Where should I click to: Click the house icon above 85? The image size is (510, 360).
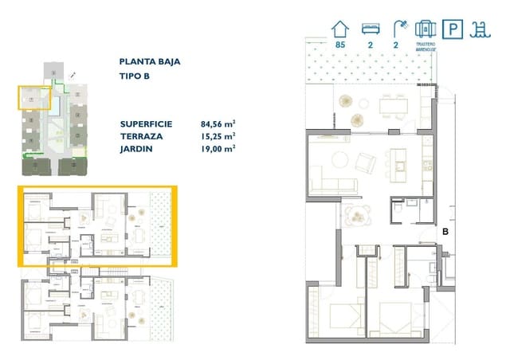point(340,28)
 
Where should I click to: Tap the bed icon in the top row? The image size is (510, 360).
point(369,28)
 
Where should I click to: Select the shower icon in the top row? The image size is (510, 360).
point(396,28)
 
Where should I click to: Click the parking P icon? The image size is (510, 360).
point(452,29)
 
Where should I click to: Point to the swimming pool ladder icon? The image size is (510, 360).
point(480,29)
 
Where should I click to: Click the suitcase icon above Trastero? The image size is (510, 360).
point(424,29)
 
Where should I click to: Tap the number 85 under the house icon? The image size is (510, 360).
point(340,45)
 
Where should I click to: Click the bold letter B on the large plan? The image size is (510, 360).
point(446,231)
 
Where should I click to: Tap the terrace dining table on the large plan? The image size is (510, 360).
point(391,104)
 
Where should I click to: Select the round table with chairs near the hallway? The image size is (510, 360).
point(359,213)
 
